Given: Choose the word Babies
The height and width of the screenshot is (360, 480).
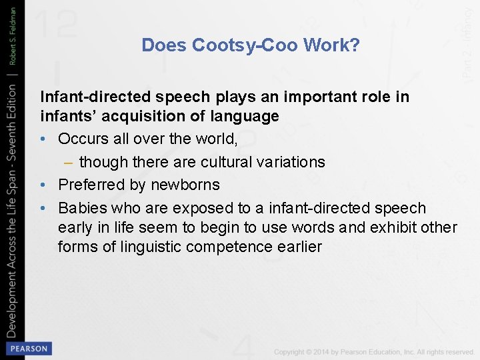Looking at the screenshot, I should [83, 208].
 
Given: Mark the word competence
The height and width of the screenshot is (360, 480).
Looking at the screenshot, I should [236, 247].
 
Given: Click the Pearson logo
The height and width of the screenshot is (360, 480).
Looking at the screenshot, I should [27, 349].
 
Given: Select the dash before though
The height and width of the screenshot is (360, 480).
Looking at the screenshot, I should [68, 162].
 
